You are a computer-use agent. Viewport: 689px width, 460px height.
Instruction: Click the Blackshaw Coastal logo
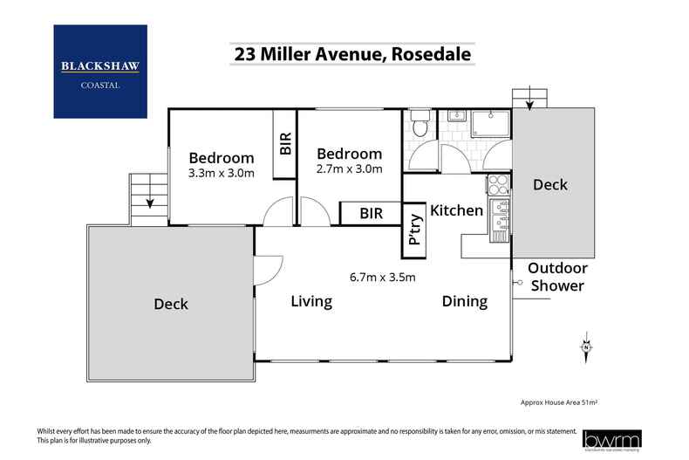pos(99,71)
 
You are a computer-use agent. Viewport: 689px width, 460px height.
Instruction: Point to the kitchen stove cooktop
pos(497,185)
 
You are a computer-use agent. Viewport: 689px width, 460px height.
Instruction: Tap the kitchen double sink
pos(499,219)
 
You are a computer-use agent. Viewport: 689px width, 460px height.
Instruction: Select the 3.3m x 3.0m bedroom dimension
pos(222,173)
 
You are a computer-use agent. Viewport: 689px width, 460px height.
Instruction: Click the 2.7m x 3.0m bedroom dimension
pos(349,169)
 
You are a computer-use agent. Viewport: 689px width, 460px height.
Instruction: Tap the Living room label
pos(311,302)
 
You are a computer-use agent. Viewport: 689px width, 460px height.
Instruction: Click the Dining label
pos(464,302)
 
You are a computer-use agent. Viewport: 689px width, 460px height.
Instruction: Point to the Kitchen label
pos(456,210)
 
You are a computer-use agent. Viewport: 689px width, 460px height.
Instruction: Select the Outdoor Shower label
pos(557,278)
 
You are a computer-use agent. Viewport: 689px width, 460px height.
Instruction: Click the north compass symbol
pos(587,347)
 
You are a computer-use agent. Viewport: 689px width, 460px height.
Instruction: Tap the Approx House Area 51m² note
pos(558,403)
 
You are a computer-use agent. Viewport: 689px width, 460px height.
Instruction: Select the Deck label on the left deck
pos(171,304)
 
